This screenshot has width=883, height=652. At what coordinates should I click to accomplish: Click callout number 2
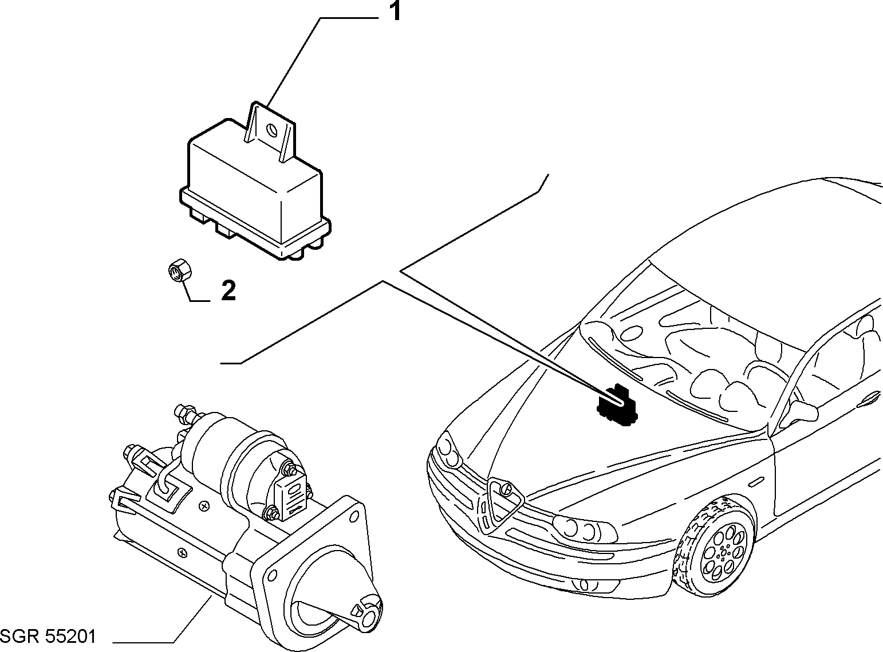point(228,290)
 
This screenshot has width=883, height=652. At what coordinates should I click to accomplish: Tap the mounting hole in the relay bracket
point(273,130)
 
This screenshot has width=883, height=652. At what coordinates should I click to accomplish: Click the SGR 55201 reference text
point(48,637)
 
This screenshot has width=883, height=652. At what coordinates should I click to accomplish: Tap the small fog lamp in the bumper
point(584,585)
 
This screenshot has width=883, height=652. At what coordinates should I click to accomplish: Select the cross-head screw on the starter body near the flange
point(183,552)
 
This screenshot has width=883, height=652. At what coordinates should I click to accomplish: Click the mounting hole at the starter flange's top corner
point(353,517)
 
